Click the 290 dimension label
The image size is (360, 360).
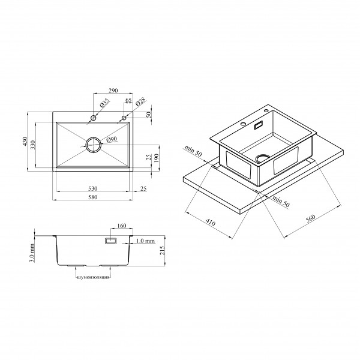(x=113, y=91)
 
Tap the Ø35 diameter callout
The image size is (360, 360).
(x=104, y=103)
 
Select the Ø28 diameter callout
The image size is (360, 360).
(x=140, y=101)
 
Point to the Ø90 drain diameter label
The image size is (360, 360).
(x=112, y=139)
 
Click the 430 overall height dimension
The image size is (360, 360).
(x=25, y=142)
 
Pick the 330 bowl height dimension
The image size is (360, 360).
(x=33, y=145)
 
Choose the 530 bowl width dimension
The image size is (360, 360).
(x=93, y=188)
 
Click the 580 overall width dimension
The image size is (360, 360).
(x=93, y=197)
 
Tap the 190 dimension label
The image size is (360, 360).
(x=157, y=158)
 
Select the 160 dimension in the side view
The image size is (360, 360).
(x=122, y=226)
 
